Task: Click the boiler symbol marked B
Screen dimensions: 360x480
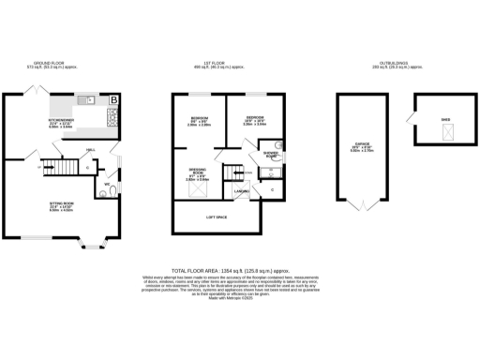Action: (114, 99)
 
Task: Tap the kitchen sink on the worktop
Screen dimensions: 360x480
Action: (90, 98)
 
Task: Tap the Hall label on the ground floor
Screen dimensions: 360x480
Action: (90, 150)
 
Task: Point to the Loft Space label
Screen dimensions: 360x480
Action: (218, 217)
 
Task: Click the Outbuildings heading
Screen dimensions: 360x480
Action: (396, 64)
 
